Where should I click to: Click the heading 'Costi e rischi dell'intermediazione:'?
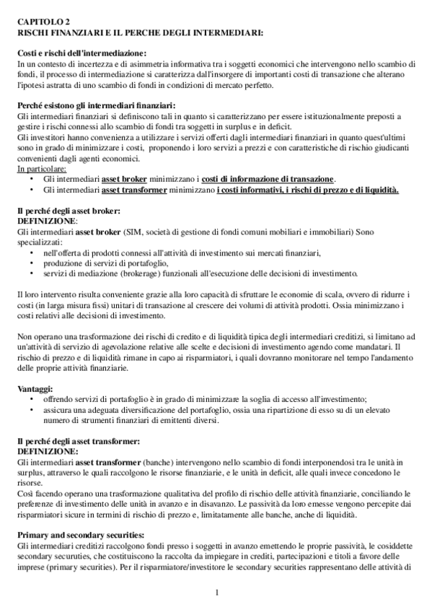[x=81, y=54]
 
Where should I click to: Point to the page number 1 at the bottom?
[x=216, y=593]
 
